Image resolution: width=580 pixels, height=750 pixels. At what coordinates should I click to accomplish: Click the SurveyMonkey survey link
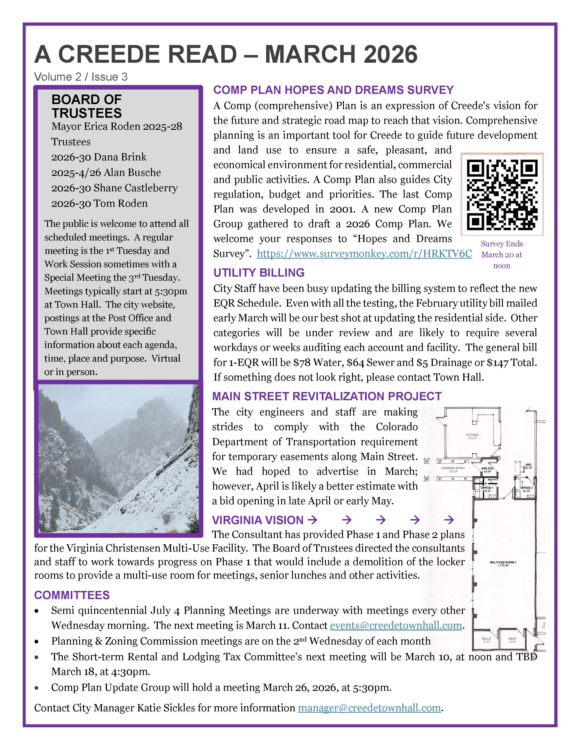364,254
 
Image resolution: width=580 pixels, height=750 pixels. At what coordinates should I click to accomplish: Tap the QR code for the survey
502,194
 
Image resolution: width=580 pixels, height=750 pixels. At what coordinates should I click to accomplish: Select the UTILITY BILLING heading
259,273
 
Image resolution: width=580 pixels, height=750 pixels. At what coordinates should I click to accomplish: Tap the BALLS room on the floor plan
486,640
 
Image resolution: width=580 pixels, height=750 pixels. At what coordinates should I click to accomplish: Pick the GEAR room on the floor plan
512,640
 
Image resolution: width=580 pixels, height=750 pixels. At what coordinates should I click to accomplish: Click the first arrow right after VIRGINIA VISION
312,520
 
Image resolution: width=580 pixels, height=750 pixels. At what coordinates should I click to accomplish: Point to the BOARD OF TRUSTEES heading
87,106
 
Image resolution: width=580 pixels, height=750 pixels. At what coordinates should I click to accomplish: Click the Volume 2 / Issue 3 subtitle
81,77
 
